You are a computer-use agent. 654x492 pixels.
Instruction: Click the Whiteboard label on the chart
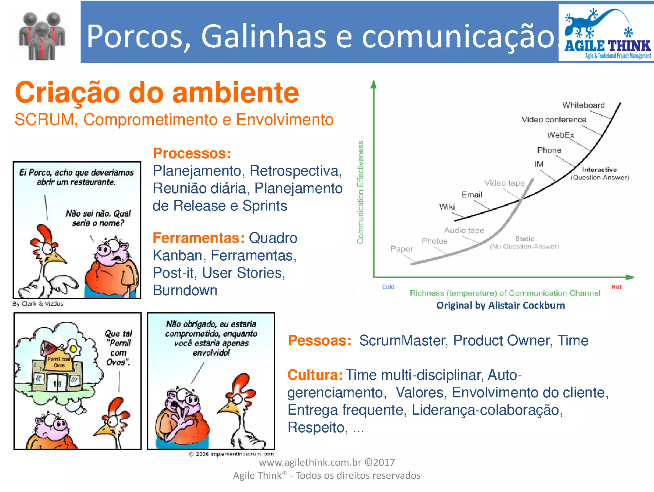point(583,105)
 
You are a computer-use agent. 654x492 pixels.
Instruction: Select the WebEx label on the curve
point(560,135)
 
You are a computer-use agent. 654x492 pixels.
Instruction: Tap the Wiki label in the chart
point(447,207)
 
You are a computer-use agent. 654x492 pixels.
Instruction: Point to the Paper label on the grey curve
point(401,249)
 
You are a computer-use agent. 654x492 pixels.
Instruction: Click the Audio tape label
point(464,230)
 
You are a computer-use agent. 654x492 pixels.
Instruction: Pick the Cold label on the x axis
point(388,287)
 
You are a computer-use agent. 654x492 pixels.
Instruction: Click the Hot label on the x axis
point(616,287)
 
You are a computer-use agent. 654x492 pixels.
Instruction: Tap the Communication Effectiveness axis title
point(360,192)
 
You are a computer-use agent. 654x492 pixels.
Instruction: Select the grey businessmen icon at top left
point(42,36)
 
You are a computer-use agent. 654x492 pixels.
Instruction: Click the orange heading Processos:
point(192,153)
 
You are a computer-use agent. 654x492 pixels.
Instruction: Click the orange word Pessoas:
point(320,341)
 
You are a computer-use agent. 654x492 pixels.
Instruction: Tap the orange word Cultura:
point(315,375)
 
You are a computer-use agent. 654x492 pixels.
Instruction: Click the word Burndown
point(185,290)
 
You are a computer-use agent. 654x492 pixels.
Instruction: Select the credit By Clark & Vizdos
point(38,304)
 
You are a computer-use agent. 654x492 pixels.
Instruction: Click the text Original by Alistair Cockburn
point(500,305)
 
